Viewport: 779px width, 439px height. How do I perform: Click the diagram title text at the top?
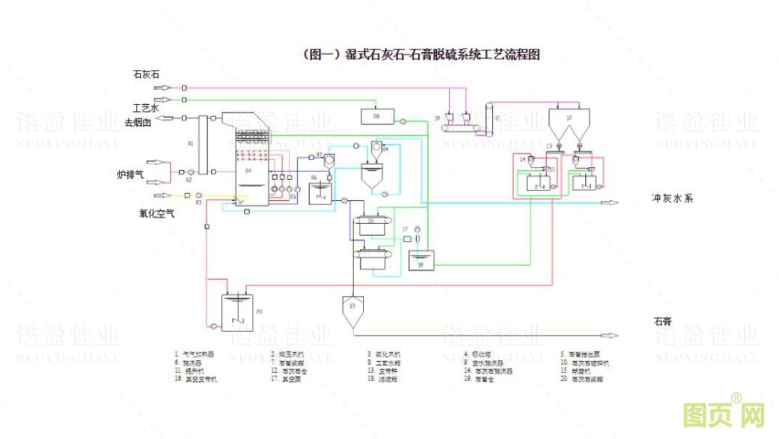[x=421, y=54]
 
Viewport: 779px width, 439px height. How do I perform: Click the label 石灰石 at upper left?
[x=146, y=75]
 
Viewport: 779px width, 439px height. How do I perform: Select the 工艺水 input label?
[x=145, y=107]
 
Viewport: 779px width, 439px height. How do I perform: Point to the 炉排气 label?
[x=130, y=174]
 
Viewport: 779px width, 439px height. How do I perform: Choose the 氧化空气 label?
[x=157, y=213]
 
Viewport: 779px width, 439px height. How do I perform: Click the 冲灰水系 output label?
[x=671, y=199]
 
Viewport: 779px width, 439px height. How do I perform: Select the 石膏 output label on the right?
[x=662, y=322]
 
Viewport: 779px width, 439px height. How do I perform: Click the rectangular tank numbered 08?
[x=377, y=117]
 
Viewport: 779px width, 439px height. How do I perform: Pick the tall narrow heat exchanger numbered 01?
[x=202, y=144]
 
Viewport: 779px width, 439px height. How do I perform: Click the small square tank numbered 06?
[x=319, y=191]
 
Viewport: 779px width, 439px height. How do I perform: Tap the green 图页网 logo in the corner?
[x=713, y=415]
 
